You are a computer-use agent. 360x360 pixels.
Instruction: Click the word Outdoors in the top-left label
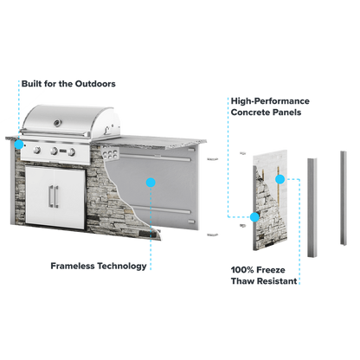point(95,84)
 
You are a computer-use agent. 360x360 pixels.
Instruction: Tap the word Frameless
point(73,266)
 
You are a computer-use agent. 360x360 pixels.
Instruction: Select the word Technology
point(122,267)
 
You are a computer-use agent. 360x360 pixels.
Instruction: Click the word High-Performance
point(270,101)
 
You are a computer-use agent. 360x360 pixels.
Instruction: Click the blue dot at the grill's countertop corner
point(19,145)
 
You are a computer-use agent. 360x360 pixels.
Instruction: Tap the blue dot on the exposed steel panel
point(151,183)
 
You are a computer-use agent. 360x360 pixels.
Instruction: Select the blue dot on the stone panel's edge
point(254,217)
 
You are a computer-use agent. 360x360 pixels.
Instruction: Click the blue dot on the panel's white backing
point(280,179)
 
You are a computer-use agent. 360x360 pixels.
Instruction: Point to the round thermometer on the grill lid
point(58,123)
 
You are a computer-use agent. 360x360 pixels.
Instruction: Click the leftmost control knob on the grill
point(37,150)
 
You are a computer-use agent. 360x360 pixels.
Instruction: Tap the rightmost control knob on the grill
point(72,151)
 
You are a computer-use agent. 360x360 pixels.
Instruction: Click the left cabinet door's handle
point(51,196)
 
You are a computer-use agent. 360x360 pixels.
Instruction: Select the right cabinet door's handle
point(56,197)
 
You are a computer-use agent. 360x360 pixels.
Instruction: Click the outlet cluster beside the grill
point(110,153)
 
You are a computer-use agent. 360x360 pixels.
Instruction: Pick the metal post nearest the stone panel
point(312,208)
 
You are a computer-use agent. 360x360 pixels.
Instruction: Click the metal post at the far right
point(344,198)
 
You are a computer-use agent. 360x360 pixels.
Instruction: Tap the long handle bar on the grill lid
point(55,132)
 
